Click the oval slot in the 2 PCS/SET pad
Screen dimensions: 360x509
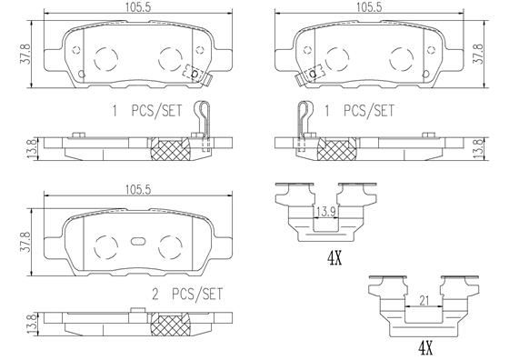[x=138, y=242]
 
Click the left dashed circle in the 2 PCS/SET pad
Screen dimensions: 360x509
[x=106, y=244]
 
